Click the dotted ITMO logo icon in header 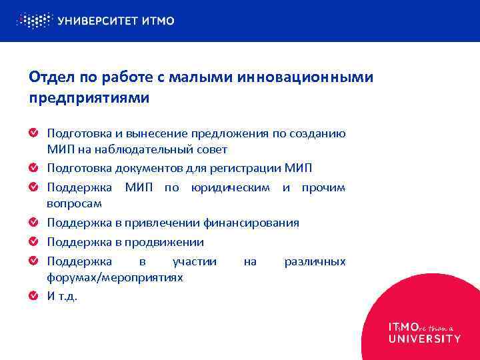(33, 21)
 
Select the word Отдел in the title (49, 78)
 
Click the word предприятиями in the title (89, 97)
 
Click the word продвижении (167, 241)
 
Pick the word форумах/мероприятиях (115, 277)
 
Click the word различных (315, 261)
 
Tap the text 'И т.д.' (62, 296)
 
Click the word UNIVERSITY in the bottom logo (424, 338)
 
